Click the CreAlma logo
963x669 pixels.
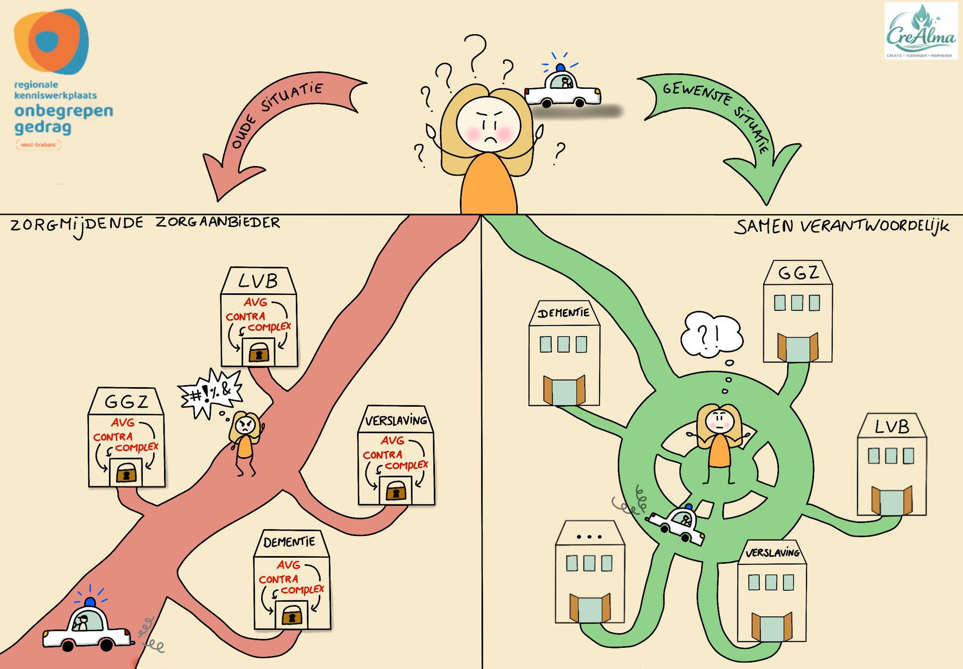click(920, 31)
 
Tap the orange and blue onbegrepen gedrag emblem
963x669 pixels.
click(51, 42)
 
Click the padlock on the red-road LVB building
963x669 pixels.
click(259, 352)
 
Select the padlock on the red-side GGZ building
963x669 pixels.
click(126, 473)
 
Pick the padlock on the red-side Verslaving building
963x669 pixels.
click(396, 491)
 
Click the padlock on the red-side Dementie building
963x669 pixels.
click(292, 615)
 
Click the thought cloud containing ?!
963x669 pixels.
click(711, 334)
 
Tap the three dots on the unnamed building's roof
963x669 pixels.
click(589, 537)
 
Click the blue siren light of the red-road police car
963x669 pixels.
click(90, 601)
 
